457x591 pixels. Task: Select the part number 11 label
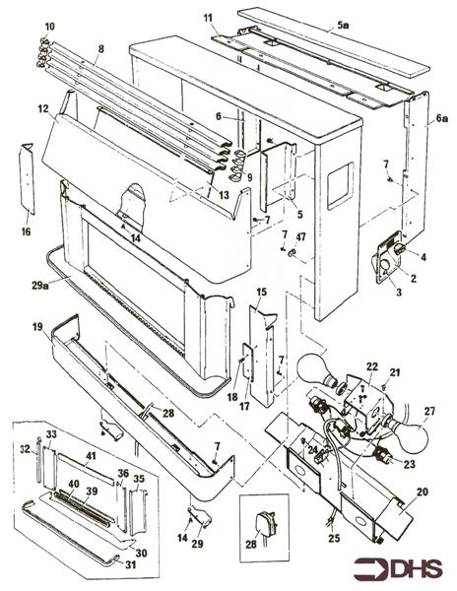(x=208, y=18)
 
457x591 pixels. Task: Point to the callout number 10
(x=50, y=24)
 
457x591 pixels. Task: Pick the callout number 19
(x=36, y=324)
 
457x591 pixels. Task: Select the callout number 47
(x=301, y=237)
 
